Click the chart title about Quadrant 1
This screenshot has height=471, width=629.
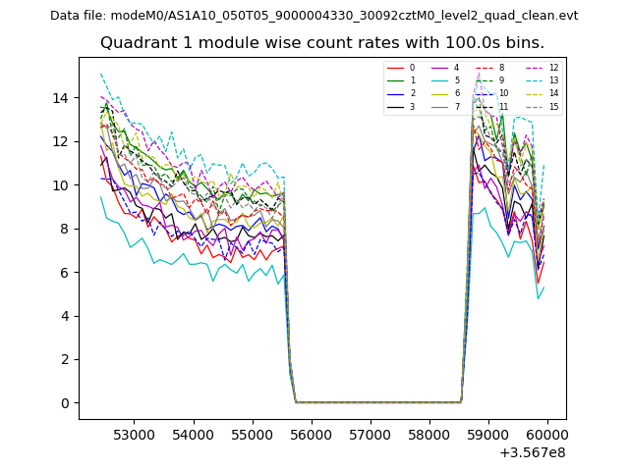[x=322, y=43]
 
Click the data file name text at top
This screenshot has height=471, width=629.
[x=314, y=16]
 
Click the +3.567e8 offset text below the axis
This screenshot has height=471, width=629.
[x=533, y=452]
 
